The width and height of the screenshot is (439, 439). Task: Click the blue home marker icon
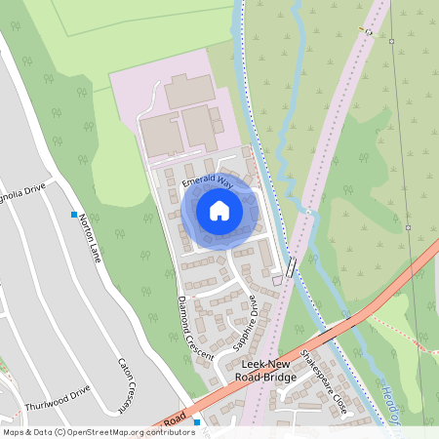[x=219, y=210]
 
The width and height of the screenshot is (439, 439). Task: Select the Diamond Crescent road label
[x=195, y=328]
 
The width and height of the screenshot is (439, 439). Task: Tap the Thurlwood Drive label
[x=57, y=392]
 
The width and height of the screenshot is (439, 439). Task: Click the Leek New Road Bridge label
[x=269, y=371]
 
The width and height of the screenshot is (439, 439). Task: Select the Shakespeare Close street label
[x=323, y=380]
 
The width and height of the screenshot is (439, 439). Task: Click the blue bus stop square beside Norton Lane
[x=73, y=215]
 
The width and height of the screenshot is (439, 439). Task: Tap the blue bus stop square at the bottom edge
[x=196, y=421]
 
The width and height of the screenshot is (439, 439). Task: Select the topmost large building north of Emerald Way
[x=189, y=90]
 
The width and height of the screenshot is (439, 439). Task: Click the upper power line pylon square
[x=391, y=42]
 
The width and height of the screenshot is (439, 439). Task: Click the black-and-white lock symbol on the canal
[x=292, y=267]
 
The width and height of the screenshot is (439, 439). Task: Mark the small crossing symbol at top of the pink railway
[x=369, y=30]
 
